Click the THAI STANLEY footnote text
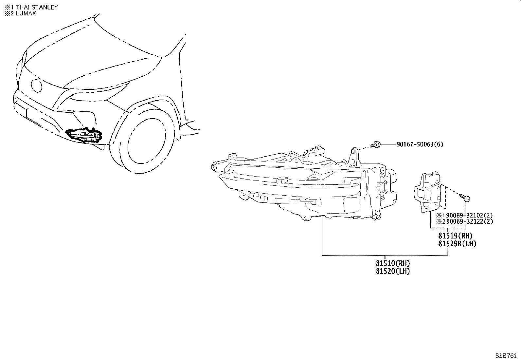(x=37, y=7)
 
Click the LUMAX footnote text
(x=26, y=13)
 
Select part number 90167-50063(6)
(x=420, y=144)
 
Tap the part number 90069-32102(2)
(x=469, y=216)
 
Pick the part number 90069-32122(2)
(x=469, y=221)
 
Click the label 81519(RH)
(x=456, y=236)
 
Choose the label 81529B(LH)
(x=457, y=244)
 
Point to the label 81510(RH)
(x=393, y=263)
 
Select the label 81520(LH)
(x=393, y=271)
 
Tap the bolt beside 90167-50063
(x=375, y=145)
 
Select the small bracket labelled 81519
(x=427, y=192)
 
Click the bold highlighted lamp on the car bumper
(x=84, y=136)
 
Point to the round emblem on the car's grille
(x=37, y=86)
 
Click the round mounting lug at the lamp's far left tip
(x=214, y=167)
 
